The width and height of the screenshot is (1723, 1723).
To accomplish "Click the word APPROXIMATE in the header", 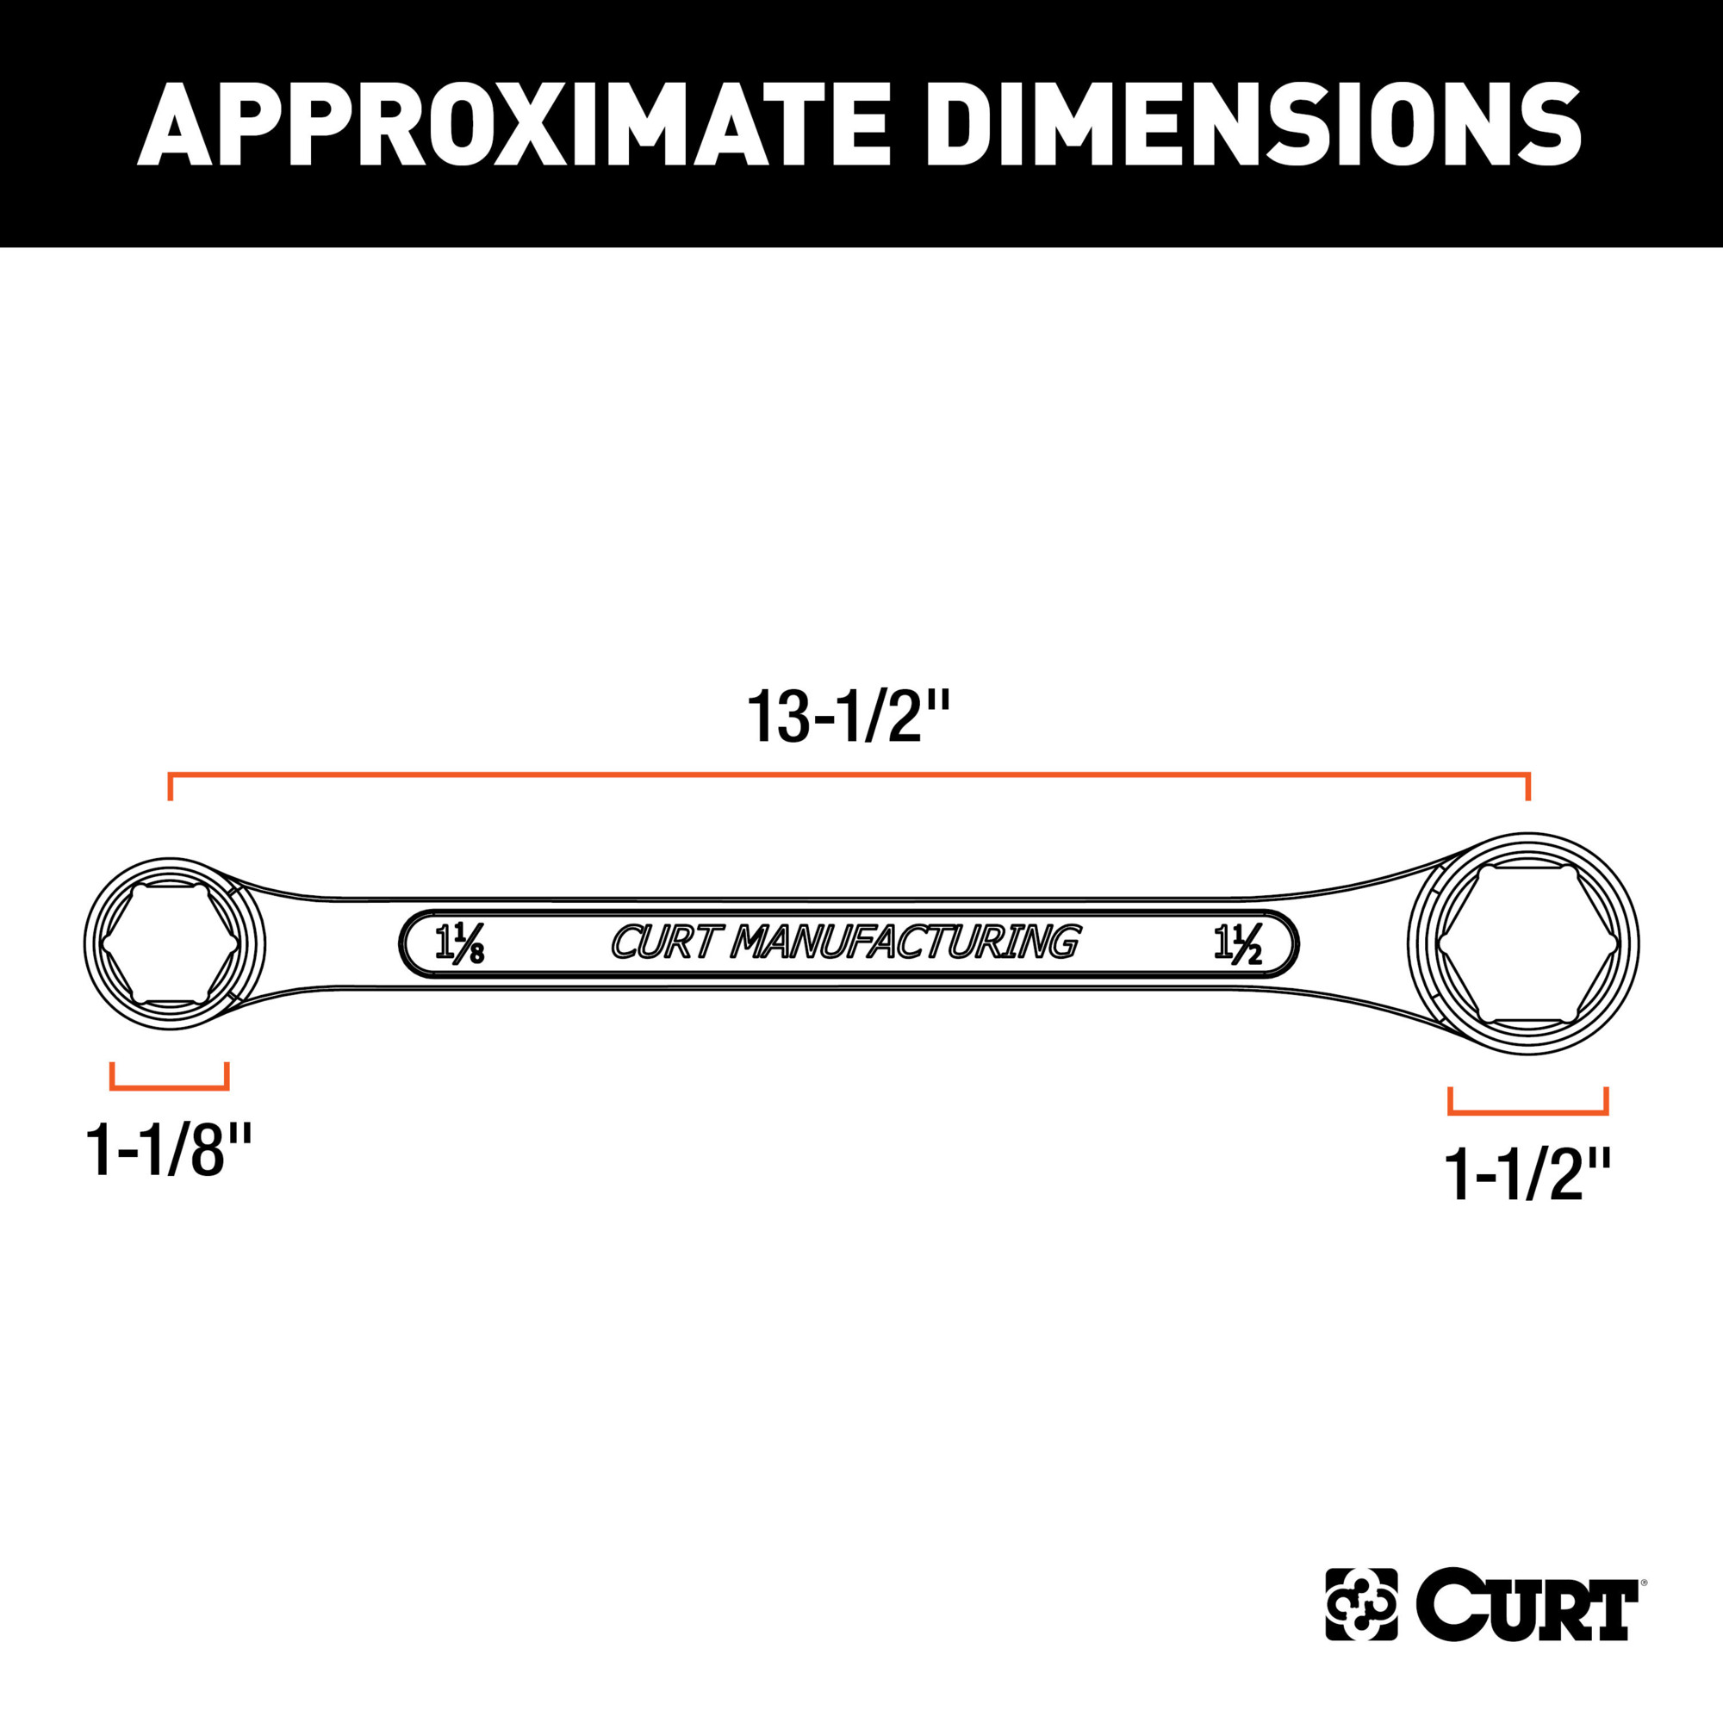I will coord(513,125).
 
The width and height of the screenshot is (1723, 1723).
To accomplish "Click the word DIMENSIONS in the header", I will coord(1253,125).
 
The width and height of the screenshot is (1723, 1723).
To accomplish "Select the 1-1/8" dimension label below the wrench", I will coord(169,1150).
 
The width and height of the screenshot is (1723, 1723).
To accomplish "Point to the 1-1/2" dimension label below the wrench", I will coord(1527,1175).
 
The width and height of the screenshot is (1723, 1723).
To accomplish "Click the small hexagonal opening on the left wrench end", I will coord(170,944).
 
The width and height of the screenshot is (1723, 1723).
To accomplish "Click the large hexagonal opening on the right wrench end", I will coord(1527,944).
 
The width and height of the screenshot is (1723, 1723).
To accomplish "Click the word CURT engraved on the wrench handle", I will coord(664,942).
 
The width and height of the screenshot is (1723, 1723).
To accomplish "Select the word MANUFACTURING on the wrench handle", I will coord(905,942).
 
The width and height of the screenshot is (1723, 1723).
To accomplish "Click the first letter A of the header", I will coord(176,125).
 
